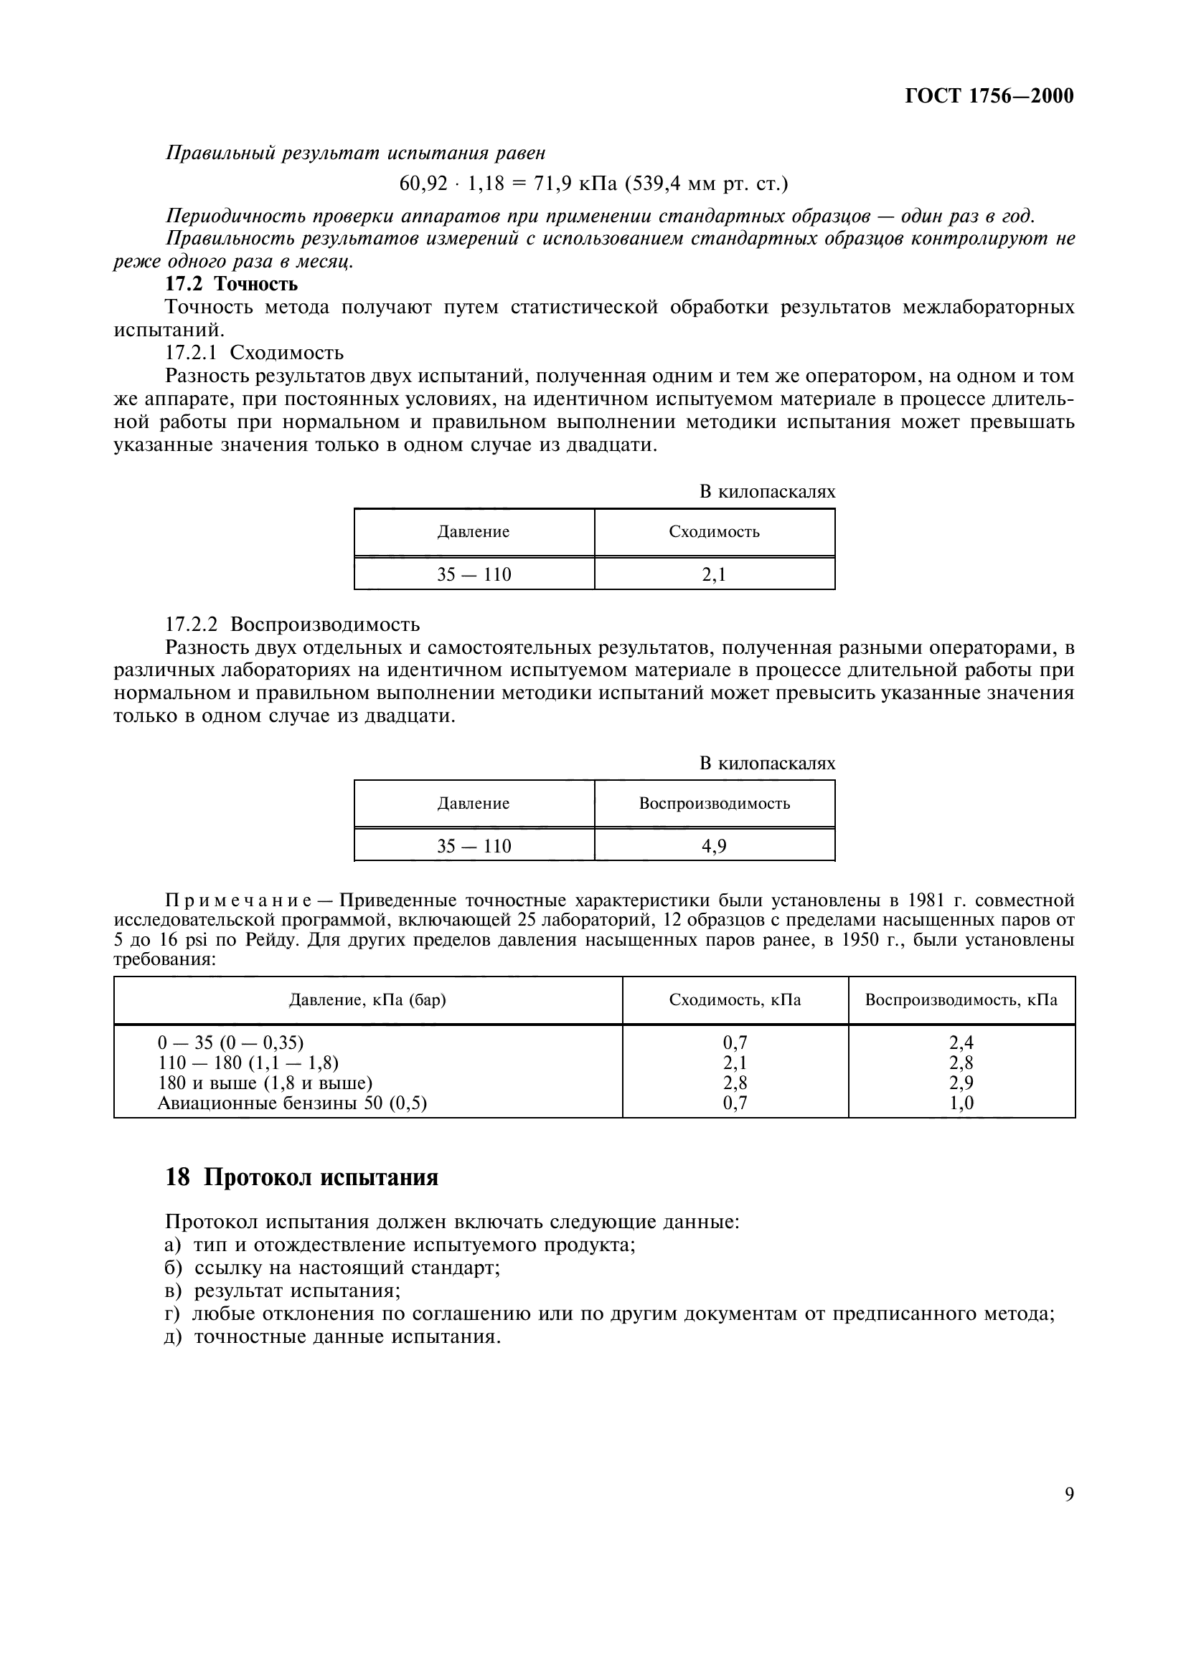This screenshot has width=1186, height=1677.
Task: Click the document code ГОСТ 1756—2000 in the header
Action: (x=989, y=96)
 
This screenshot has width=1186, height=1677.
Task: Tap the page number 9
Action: (x=1069, y=1494)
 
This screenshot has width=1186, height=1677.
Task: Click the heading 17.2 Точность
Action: (x=232, y=283)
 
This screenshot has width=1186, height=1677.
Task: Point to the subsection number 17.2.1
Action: (x=192, y=353)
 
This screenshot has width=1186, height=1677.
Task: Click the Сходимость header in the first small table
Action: (x=714, y=532)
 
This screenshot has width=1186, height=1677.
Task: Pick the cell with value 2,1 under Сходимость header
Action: (x=714, y=575)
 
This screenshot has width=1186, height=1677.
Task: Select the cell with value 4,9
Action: (x=714, y=847)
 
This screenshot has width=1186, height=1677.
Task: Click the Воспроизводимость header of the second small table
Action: (x=714, y=804)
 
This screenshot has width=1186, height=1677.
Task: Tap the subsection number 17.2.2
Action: (x=192, y=624)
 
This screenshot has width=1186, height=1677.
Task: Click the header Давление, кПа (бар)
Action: (x=367, y=1000)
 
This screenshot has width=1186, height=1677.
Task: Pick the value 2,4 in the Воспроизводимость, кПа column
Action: (x=961, y=1043)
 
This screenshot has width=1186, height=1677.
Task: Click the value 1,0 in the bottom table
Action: (x=961, y=1103)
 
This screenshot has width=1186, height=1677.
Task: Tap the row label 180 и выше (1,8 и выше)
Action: (x=265, y=1083)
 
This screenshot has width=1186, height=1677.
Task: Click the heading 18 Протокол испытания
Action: (x=301, y=1177)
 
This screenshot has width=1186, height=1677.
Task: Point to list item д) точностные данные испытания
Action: (x=332, y=1336)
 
